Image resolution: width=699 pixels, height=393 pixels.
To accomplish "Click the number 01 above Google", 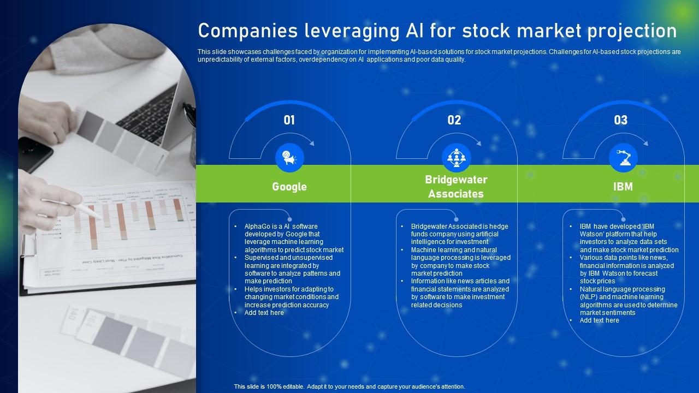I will point(289,120).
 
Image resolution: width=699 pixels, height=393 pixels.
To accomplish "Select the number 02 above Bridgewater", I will point(454,120).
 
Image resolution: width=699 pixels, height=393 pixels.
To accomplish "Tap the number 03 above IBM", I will point(621,120).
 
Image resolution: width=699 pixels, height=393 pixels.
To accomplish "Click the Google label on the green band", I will point(289,187).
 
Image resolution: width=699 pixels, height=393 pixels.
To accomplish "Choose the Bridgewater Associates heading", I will point(456,187).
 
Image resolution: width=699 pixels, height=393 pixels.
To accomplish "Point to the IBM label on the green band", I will point(623,187).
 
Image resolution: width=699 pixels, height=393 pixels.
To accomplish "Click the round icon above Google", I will point(289,158).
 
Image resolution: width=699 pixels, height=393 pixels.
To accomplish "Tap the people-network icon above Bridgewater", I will point(456,158).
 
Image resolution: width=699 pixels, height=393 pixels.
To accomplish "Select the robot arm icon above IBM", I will point(623,158).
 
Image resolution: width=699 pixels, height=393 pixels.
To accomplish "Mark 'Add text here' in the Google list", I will point(264,313).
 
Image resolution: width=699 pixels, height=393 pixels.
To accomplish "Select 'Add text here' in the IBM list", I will point(600,320).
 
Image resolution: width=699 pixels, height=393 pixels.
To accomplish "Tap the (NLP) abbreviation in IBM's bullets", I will point(590,297).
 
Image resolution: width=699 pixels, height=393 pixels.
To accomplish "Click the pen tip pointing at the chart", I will point(102,217).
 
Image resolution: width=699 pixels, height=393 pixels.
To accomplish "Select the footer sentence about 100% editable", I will point(349,386).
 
